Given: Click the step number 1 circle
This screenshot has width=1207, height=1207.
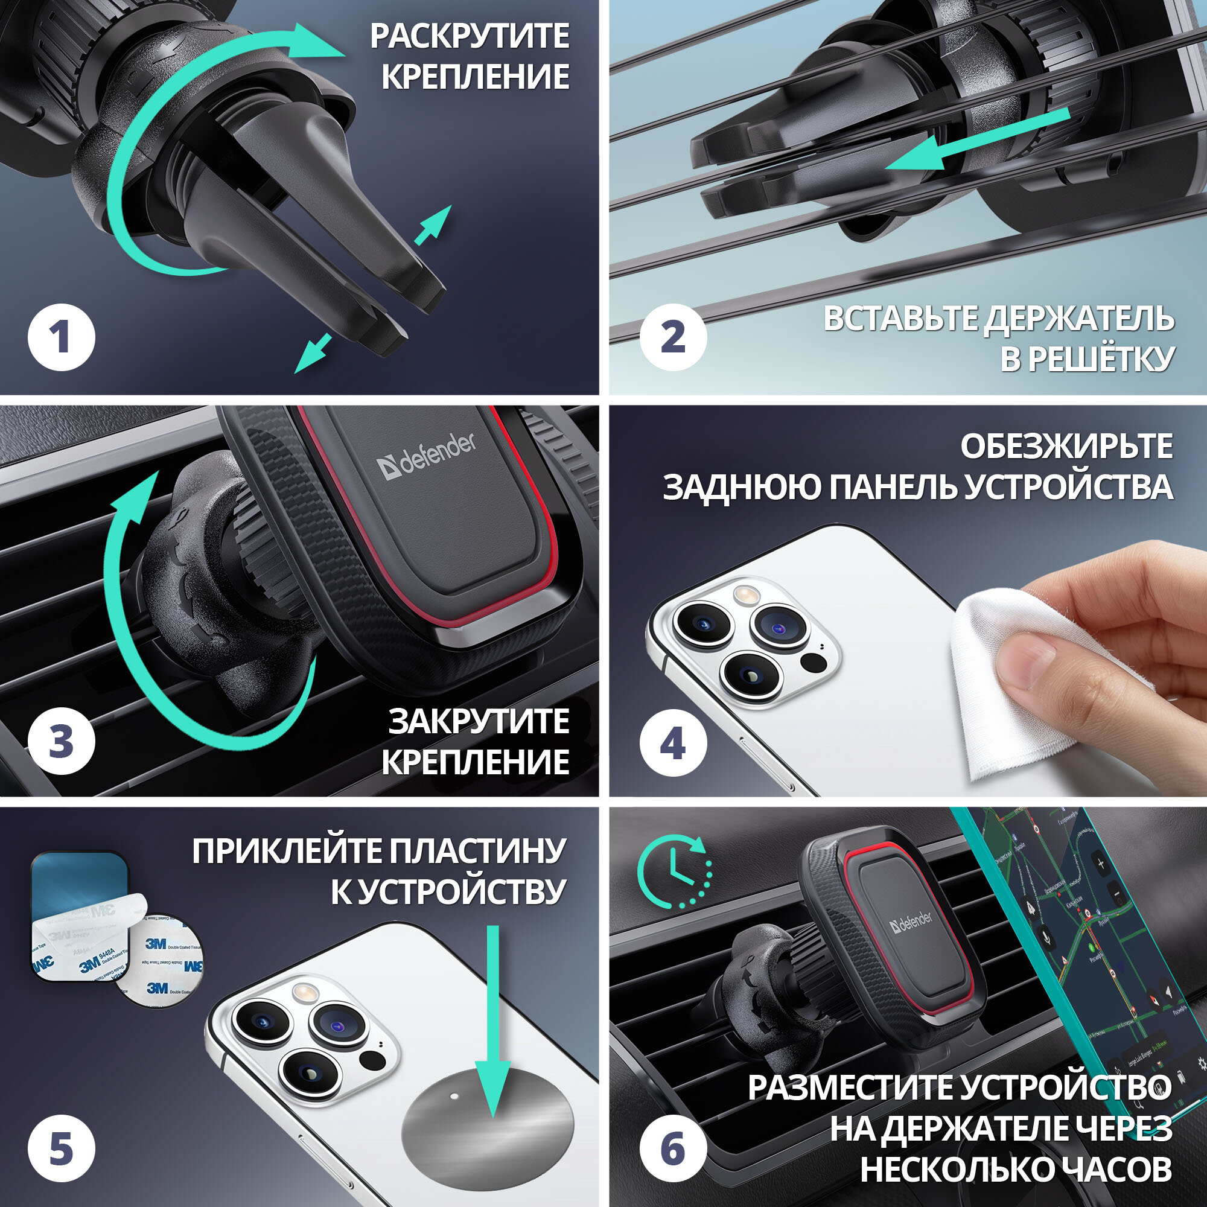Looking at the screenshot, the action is (x=61, y=338).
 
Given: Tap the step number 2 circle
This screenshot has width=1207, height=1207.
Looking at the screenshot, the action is (x=673, y=338).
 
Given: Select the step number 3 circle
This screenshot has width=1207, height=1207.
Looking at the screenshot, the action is (x=61, y=742).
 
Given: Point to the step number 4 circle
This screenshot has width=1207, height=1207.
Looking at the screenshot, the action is (x=673, y=744).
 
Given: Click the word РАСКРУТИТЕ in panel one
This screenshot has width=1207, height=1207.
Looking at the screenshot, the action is (x=469, y=36).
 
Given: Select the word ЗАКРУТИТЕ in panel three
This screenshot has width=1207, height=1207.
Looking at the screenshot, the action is (x=479, y=722).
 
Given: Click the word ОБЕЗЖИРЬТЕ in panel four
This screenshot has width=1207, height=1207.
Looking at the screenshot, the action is (x=1066, y=446).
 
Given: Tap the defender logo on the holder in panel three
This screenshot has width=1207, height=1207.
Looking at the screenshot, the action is (x=427, y=456).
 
